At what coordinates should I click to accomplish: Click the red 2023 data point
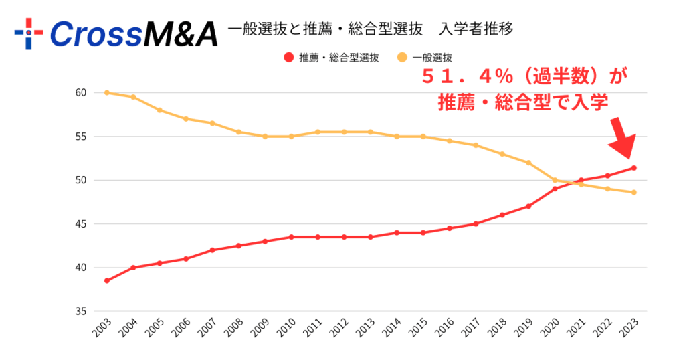click(633, 168)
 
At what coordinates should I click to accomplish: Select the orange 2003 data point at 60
click(107, 92)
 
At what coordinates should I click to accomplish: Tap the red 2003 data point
click(107, 280)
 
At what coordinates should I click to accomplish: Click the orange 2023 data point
click(633, 193)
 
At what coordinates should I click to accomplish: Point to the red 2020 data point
click(555, 189)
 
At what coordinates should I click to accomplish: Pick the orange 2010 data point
click(292, 137)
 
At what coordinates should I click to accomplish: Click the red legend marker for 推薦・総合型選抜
click(288, 58)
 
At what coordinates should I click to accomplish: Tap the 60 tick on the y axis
click(80, 92)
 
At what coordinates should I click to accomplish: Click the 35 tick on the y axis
click(80, 312)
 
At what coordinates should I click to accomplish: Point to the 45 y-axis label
click(80, 224)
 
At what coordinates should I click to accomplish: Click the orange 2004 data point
click(133, 97)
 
